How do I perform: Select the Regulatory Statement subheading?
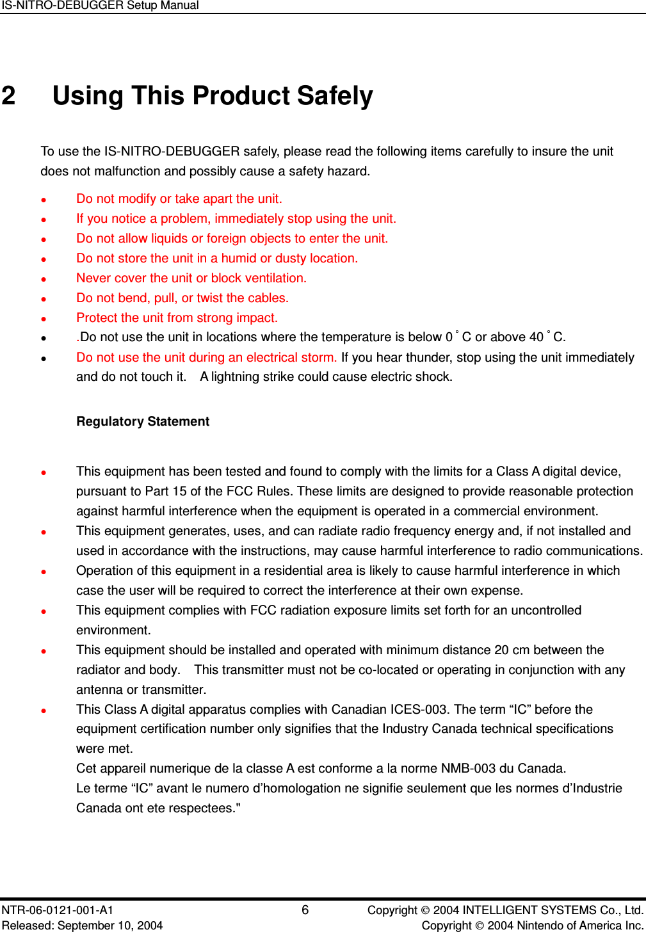[143, 421]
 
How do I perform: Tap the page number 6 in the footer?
[305, 910]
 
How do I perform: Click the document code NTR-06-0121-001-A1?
[58, 910]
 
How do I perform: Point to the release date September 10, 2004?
[109, 925]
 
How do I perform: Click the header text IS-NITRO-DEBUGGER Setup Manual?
[100, 6]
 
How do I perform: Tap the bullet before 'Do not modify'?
[44, 200]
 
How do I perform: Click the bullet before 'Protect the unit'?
[44, 319]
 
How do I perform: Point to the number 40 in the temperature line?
[537, 337]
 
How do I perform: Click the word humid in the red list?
[239, 258]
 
